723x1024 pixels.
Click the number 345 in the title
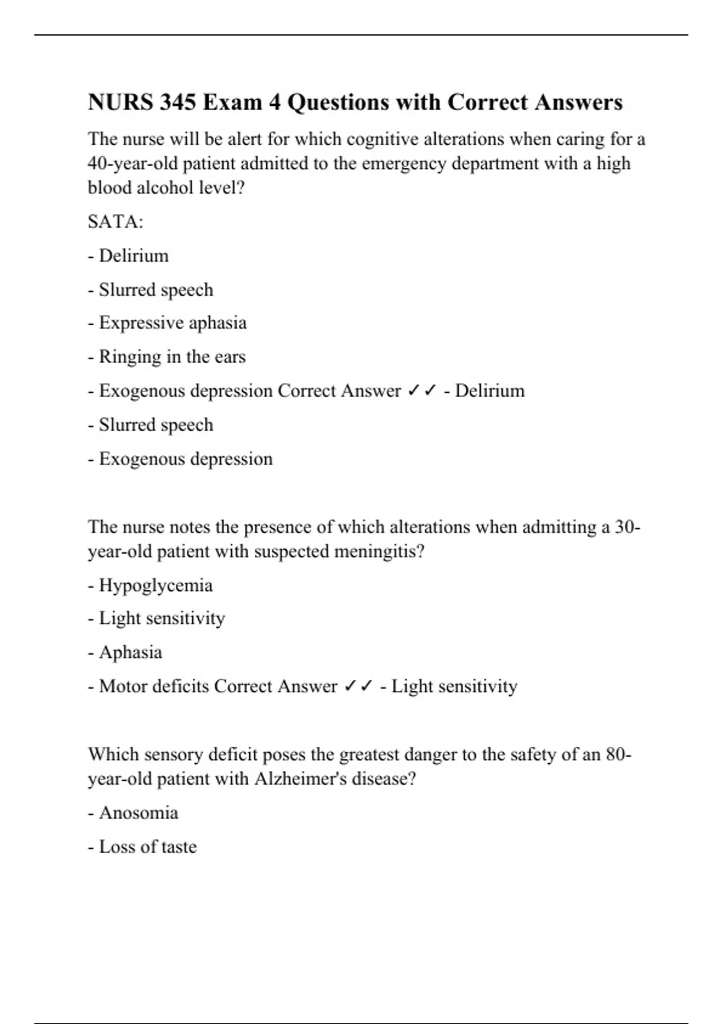tap(178, 102)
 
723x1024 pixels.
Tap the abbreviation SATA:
tap(116, 222)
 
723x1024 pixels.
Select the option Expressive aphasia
tap(172, 323)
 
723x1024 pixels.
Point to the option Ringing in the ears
tap(172, 357)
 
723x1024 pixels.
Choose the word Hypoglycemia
tap(155, 585)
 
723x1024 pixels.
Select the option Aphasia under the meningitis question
tap(130, 652)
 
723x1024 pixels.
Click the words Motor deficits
tap(154, 686)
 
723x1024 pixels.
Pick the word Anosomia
tap(138, 813)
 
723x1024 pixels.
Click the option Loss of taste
tap(148, 847)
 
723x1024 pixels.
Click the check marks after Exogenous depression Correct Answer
tap(422, 391)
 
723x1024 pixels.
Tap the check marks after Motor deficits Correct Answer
tap(358, 686)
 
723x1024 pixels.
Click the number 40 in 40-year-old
tap(97, 164)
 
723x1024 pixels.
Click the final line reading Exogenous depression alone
tap(186, 459)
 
